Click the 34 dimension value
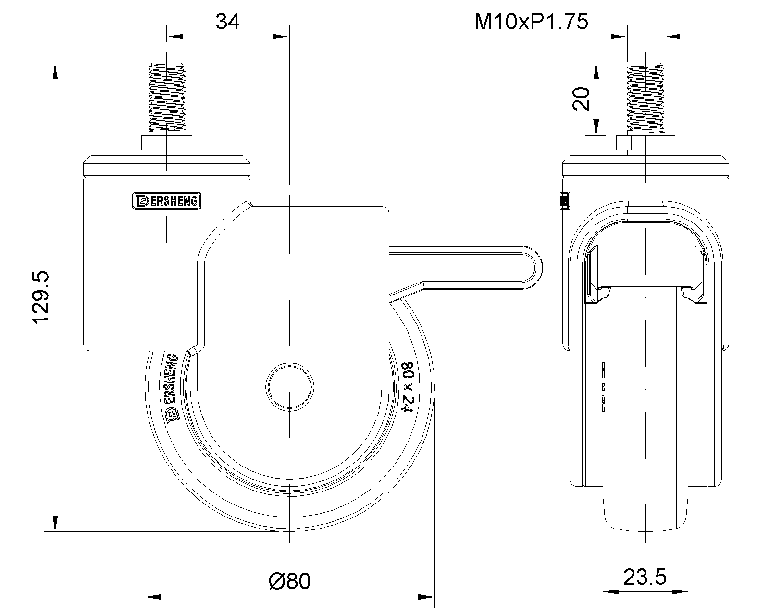(x=227, y=22)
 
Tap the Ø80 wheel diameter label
(x=290, y=581)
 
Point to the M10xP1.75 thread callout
(x=531, y=22)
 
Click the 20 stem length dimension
(x=582, y=98)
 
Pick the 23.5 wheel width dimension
(x=645, y=577)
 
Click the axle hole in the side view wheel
(x=290, y=387)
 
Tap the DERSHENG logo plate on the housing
(x=166, y=201)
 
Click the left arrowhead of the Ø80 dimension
(x=153, y=597)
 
